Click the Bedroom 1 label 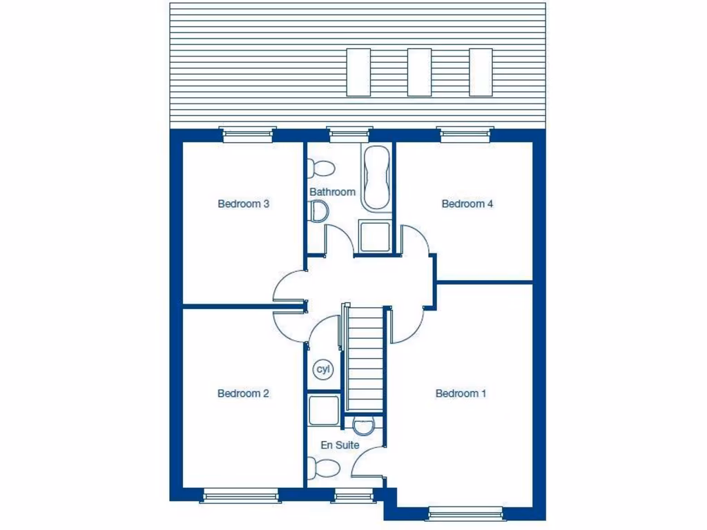[461, 393]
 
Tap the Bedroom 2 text [243, 393]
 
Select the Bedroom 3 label [243, 204]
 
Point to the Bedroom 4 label [467, 204]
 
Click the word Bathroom [332, 192]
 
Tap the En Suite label [340, 445]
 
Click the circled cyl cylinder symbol [323, 369]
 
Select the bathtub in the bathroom [376, 177]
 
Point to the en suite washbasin [362, 422]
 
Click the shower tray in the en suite [324, 411]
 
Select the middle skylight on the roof [419, 72]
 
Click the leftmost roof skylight [358, 72]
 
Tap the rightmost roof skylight [481, 72]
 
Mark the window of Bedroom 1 [465, 512]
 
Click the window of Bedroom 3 [248, 134]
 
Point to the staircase [365, 359]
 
